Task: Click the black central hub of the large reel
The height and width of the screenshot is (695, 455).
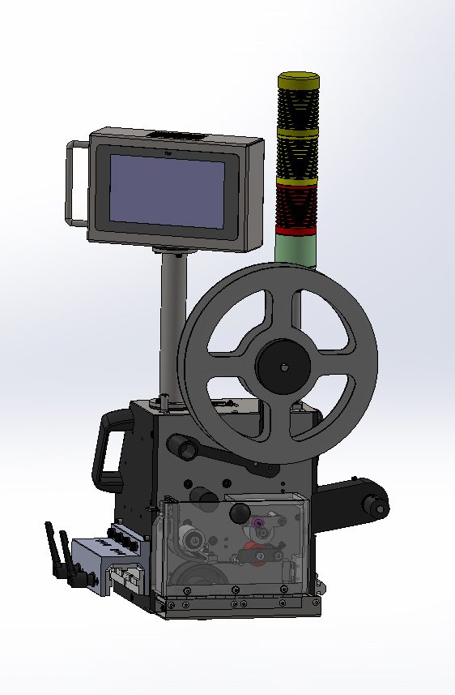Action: pyautogui.click(x=283, y=367)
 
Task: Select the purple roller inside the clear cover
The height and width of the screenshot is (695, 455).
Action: pyautogui.click(x=258, y=524)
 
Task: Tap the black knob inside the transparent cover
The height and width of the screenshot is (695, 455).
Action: pyautogui.click(x=240, y=513)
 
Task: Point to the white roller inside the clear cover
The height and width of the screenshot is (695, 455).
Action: pyautogui.click(x=190, y=538)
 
